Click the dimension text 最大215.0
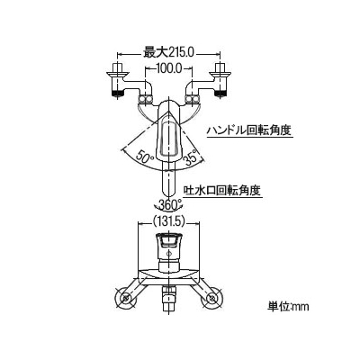click(x=168, y=53)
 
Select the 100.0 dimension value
click(x=168, y=69)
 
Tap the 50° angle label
click(x=145, y=156)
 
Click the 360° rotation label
click(x=168, y=204)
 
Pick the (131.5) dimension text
click(x=168, y=221)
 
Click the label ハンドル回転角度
click(x=249, y=130)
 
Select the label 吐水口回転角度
click(x=223, y=190)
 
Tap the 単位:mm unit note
click(x=288, y=307)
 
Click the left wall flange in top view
click(x=118, y=74)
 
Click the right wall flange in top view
click(x=220, y=74)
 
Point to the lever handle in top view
click(x=168, y=132)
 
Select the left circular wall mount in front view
click(x=126, y=299)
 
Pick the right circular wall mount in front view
click(x=211, y=299)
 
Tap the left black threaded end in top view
click(x=118, y=93)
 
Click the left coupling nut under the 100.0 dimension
click(x=145, y=100)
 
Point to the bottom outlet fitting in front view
click(x=168, y=299)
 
